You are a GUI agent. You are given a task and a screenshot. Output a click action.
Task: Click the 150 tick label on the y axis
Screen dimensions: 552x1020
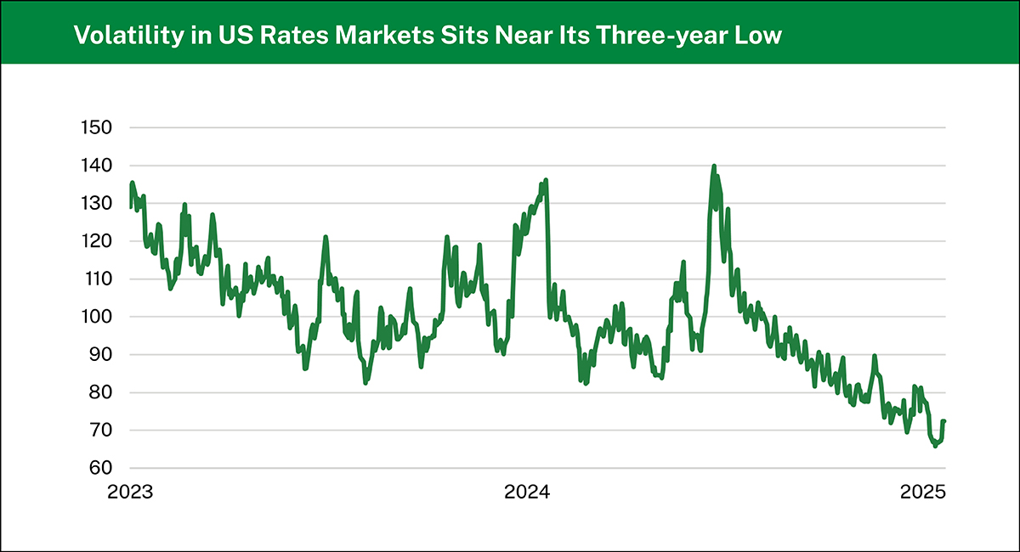[97, 128]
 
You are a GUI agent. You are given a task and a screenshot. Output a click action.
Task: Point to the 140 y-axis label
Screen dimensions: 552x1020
[97, 166]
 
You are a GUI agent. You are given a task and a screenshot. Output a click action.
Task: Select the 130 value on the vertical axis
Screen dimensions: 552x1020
[97, 204]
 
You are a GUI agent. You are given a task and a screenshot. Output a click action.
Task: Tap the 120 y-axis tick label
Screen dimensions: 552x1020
[97, 241]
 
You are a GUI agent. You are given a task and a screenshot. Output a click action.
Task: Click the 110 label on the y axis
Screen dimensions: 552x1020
[97, 279]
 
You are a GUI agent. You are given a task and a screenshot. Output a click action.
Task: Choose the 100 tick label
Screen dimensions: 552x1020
[97, 317]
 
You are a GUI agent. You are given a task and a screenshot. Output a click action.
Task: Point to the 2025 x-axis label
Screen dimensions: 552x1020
[925, 493]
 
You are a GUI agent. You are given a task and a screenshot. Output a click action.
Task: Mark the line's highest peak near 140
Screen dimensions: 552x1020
[714, 166]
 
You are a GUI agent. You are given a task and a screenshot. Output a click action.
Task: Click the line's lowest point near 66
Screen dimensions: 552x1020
[936, 445]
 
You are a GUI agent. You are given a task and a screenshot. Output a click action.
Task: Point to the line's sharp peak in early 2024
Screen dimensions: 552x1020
[546, 180]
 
